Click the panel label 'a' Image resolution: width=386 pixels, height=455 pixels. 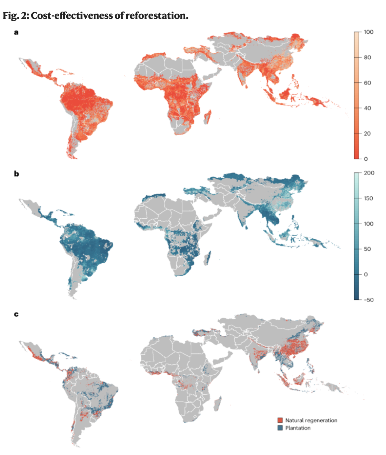16,33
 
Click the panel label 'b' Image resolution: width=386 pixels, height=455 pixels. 16,174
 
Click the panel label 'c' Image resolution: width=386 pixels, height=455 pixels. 16,314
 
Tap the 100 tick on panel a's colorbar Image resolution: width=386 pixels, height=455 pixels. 368,32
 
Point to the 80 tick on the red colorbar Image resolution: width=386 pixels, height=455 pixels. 367,57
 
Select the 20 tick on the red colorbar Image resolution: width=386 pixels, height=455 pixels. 367,133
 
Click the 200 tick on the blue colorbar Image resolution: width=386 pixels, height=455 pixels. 369,173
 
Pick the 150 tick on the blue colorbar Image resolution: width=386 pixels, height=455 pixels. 368,198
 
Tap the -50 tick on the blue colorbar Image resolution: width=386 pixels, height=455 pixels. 368,300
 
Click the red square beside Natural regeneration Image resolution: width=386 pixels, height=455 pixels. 280,420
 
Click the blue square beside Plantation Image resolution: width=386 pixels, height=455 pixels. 280,428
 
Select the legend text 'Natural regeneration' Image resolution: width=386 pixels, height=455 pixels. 311,420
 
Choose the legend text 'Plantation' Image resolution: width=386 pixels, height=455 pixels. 298,428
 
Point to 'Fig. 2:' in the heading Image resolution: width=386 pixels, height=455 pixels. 15,15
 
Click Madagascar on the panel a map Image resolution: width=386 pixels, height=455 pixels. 207,117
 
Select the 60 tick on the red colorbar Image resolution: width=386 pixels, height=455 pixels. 367,83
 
